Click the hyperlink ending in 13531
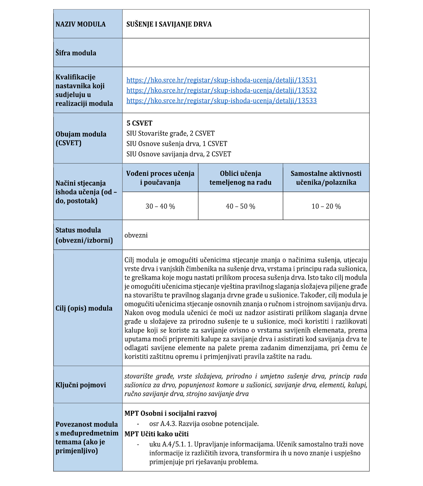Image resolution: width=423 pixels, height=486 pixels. [x=222, y=80]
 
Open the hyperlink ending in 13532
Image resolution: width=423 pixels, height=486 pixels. [x=222, y=90]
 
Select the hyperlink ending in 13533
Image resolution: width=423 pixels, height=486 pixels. [x=222, y=101]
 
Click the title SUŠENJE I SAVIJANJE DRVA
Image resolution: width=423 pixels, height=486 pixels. [x=169, y=24]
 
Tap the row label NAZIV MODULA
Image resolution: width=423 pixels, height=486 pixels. [x=81, y=24]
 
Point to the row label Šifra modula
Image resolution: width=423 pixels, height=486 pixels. [x=76, y=53]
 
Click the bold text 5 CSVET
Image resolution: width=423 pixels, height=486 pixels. [x=139, y=123]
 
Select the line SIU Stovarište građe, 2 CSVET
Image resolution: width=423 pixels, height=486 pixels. [x=170, y=133]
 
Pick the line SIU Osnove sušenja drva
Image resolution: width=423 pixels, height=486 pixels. [x=177, y=144]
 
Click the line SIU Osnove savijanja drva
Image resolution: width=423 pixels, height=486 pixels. [x=179, y=154]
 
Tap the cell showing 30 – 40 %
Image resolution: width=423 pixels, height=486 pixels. [x=160, y=207]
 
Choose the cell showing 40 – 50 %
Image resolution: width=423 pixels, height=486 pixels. [x=240, y=207]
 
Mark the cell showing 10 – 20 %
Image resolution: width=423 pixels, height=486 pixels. [x=326, y=207]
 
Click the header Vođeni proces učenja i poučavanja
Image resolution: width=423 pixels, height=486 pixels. [x=160, y=178]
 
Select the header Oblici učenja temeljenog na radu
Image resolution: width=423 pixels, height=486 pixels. [x=240, y=178]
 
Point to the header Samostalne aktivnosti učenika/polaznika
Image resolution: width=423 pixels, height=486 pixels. [x=326, y=178]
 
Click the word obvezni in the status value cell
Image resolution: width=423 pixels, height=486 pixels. [x=136, y=236]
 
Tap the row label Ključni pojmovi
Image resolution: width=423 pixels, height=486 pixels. [x=81, y=385]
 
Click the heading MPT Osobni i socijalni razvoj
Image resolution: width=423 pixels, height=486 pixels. [x=171, y=413]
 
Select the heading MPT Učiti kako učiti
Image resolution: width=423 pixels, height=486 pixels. [x=157, y=434]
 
